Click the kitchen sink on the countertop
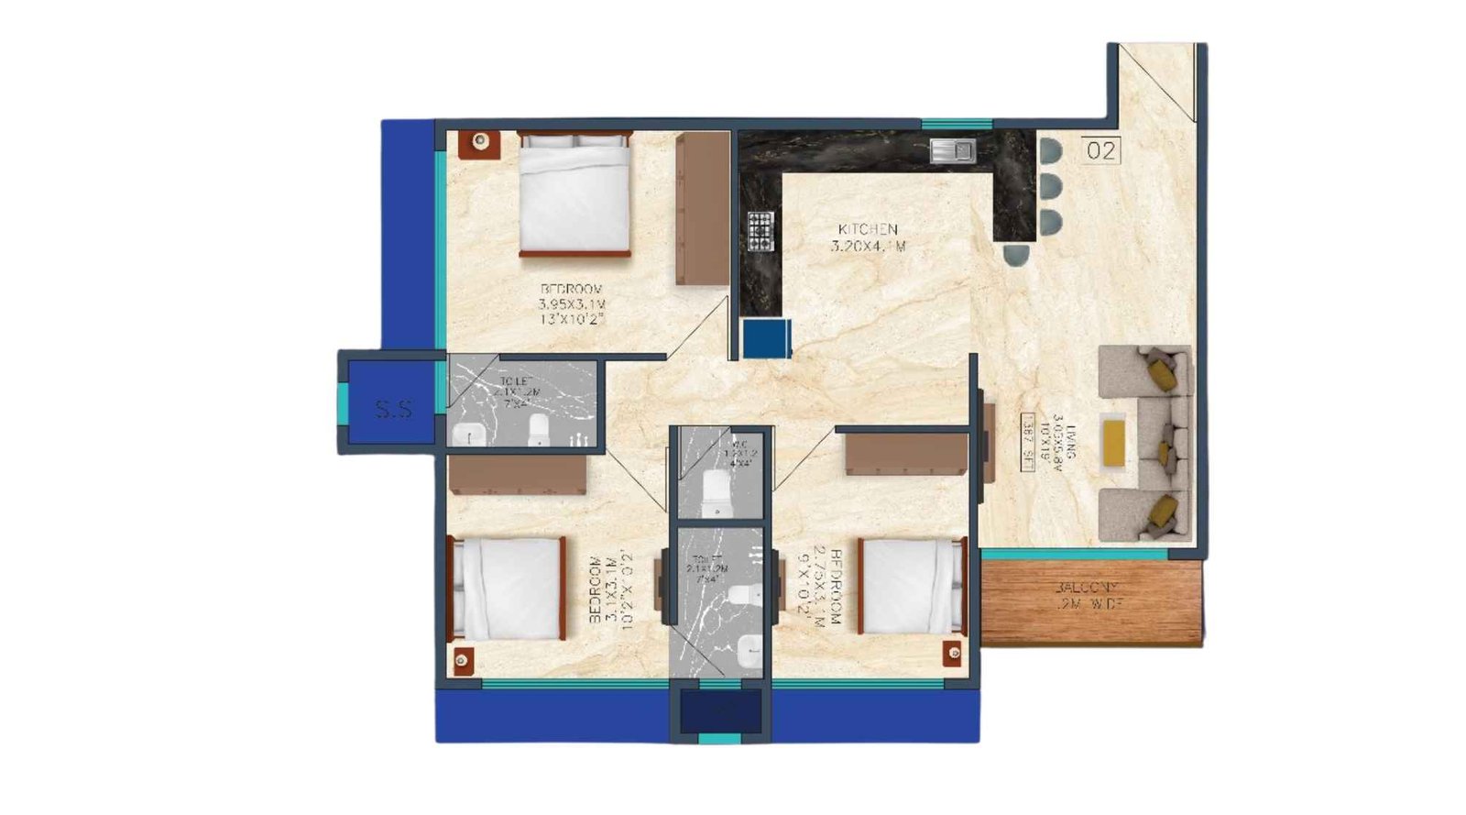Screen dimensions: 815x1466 (x=953, y=149)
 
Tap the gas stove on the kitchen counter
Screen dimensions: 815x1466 (x=760, y=231)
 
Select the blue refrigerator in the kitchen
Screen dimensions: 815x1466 (x=766, y=338)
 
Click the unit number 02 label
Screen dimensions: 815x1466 (x=1100, y=149)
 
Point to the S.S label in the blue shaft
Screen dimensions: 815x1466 (x=394, y=409)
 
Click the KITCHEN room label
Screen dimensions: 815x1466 (x=868, y=229)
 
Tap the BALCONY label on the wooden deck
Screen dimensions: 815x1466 (x=1089, y=587)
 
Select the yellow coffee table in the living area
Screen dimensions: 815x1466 (x=1113, y=443)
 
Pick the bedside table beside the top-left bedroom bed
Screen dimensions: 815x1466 (x=479, y=142)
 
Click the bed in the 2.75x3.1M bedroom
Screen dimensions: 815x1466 (x=911, y=586)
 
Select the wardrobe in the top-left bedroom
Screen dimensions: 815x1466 (x=702, y=209)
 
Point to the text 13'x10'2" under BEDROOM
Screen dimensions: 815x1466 (x=573, y=319)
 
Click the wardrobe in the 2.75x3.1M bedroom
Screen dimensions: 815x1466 (x=905, y=455)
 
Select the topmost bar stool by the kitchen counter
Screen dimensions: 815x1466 (x=1050, y=149)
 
